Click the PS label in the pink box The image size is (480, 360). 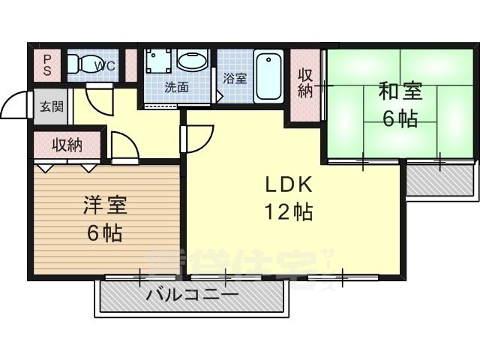point(46,64)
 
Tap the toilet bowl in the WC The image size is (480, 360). point(81,64)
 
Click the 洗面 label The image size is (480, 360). point(176,86)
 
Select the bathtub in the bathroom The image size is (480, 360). point(268,76)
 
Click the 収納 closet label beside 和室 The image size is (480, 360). point(304,83)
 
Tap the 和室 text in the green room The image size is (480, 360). point(400,91)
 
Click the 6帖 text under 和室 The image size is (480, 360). point(400,118)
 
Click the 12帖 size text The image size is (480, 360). point(286,212)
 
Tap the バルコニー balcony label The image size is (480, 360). point(192,294)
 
